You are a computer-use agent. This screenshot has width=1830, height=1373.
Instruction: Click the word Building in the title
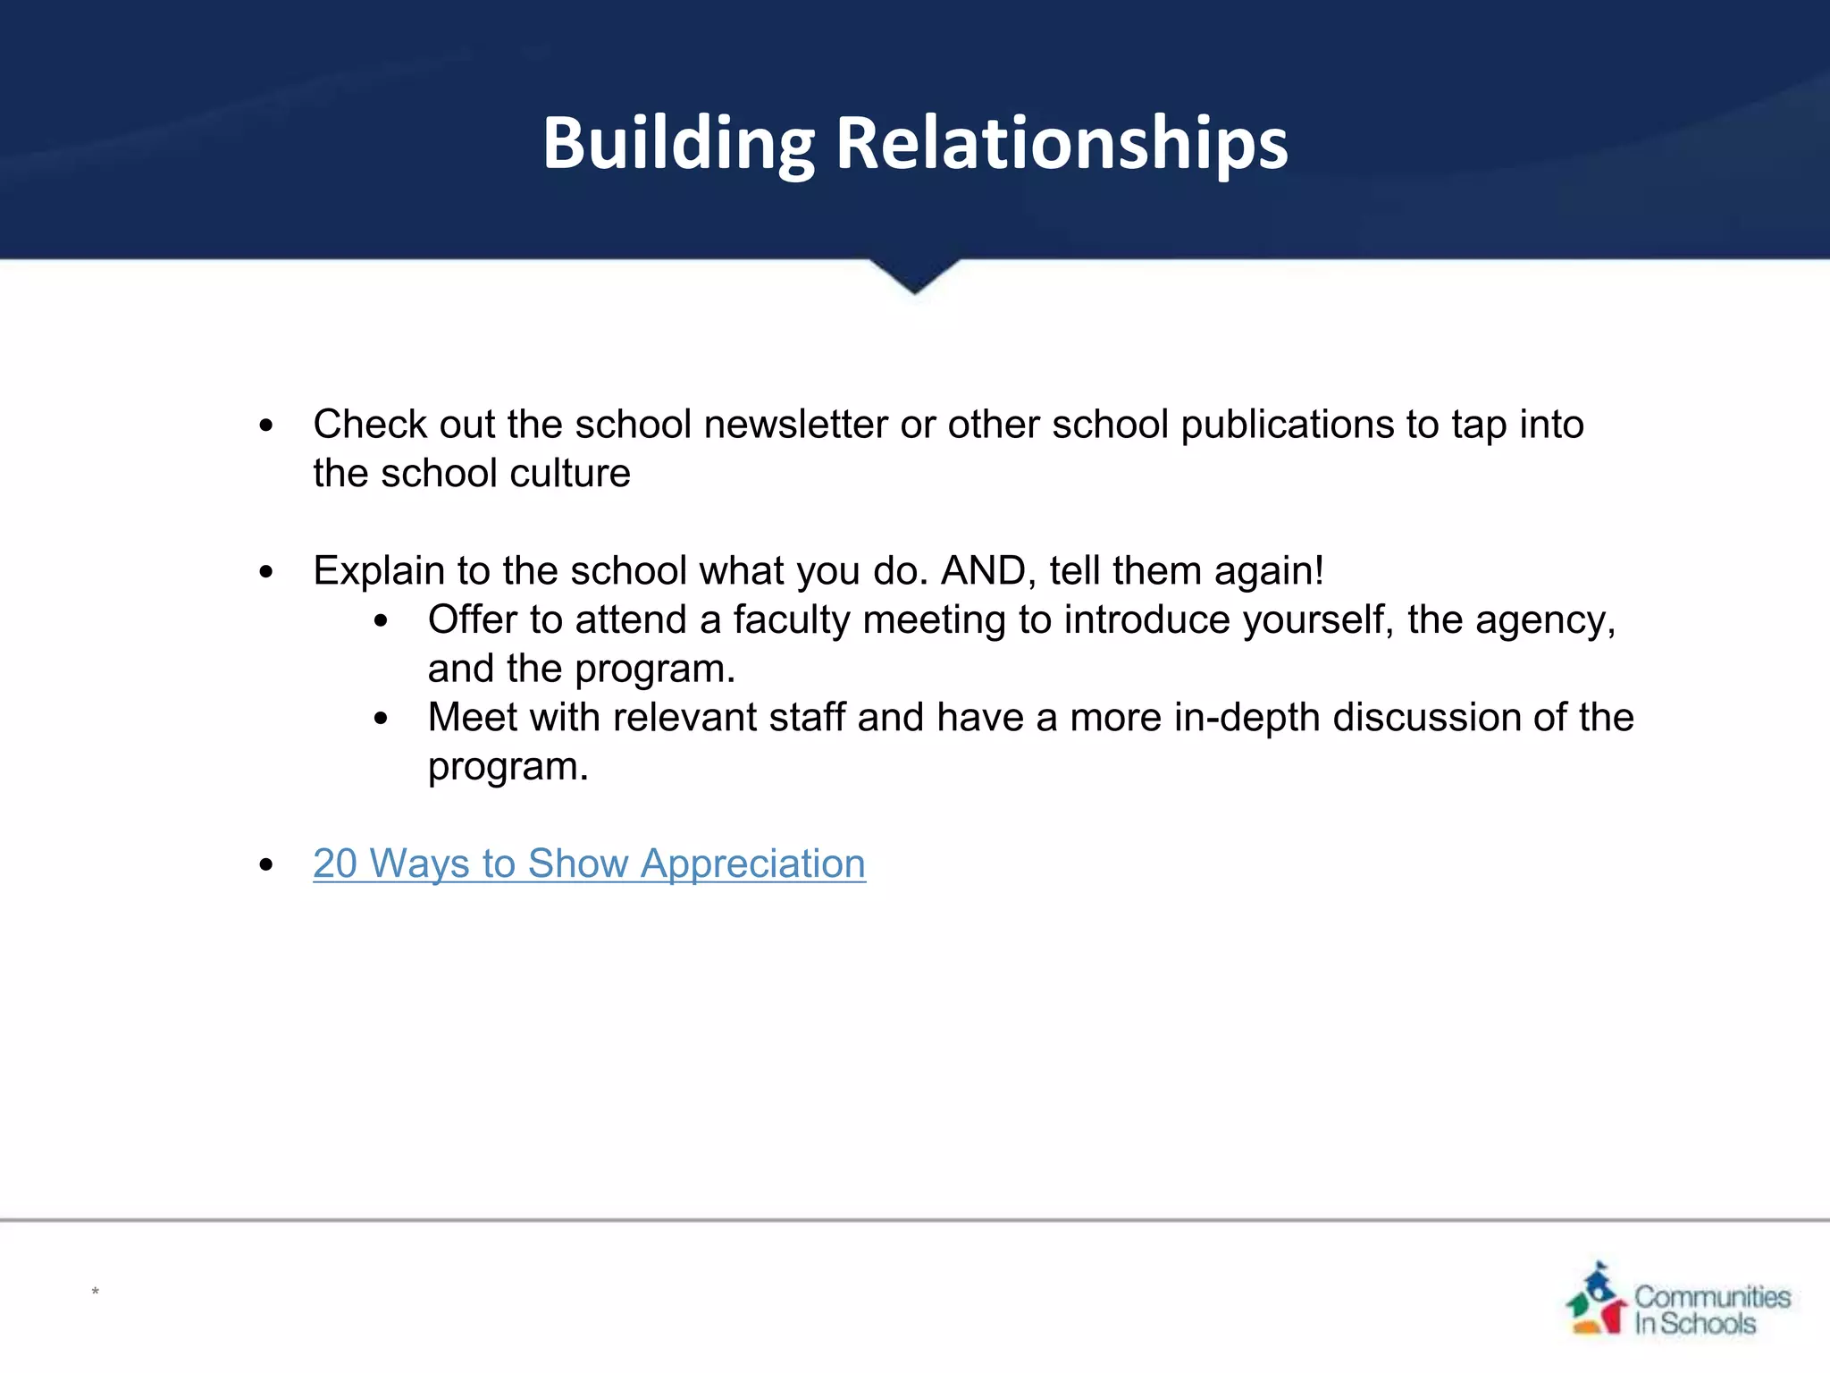678,143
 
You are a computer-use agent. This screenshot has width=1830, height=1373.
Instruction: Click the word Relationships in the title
1062,143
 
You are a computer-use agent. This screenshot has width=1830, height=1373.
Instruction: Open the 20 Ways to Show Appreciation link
589,863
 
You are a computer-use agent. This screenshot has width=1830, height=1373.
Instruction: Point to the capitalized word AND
988,571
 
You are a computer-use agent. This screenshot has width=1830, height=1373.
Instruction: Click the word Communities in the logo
1712,1296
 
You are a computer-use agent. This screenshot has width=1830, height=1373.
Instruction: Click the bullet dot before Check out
265,426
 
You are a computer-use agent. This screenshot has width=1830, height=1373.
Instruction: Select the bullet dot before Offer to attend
382,621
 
